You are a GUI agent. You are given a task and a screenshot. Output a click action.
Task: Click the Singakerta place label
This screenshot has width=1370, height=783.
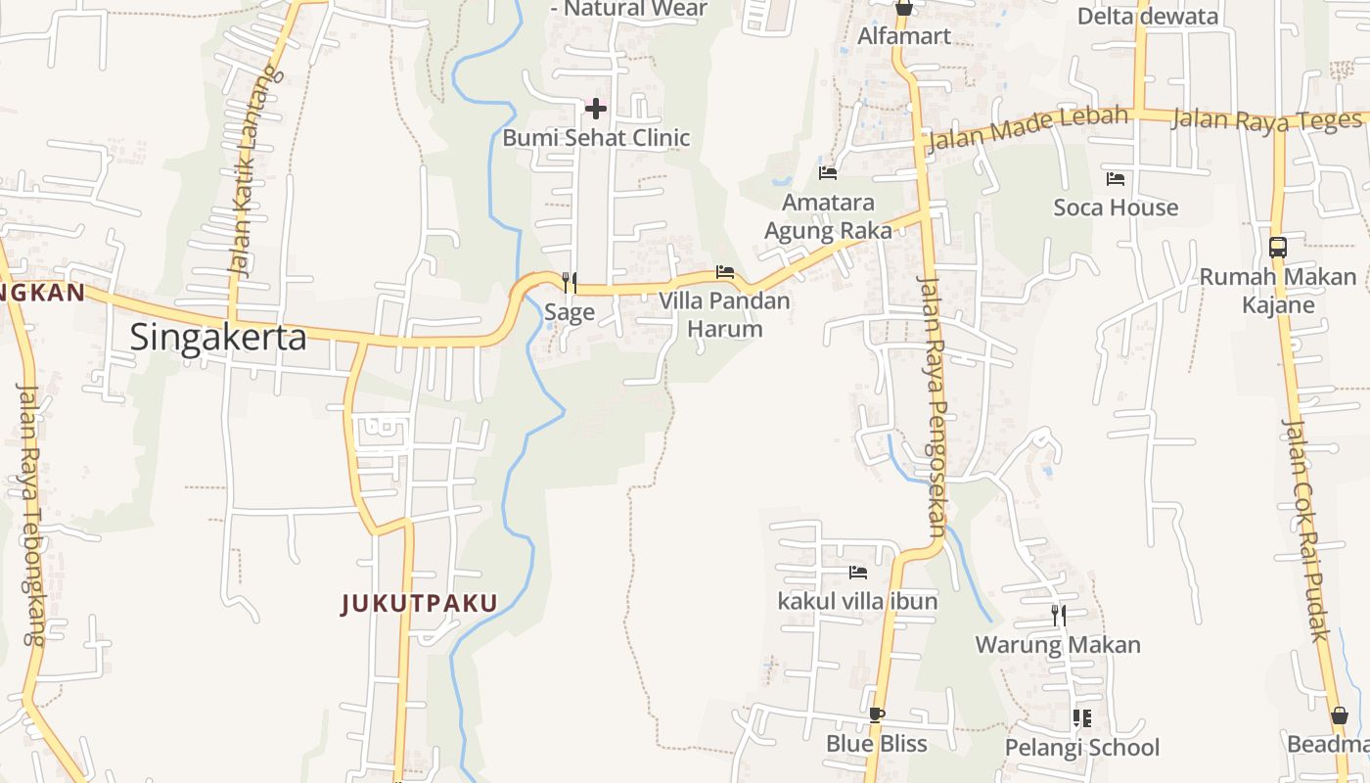point(218,338)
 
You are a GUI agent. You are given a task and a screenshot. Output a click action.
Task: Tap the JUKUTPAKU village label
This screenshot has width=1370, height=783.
point(419,604)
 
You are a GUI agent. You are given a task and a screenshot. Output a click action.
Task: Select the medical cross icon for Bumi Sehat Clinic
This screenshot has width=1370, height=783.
point(595,108)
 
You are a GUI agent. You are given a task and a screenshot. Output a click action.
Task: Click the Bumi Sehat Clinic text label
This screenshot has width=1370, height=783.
point(596,138)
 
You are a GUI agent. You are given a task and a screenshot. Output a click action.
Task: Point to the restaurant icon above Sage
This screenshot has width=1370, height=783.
point(569,283)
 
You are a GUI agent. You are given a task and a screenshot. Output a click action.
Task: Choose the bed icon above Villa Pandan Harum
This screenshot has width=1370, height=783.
point(724,272)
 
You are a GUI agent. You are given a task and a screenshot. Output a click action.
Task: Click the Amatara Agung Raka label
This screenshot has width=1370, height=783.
point(828,216)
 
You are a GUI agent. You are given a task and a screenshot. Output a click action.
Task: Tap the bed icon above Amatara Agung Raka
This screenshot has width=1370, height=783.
point(828,173)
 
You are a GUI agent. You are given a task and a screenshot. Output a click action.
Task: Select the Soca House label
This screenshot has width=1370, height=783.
point(1116,207)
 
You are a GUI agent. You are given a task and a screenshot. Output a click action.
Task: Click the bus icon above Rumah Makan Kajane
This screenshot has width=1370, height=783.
point(1277,247)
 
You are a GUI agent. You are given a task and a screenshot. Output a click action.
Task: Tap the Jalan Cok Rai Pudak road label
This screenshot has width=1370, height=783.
point(1306,530)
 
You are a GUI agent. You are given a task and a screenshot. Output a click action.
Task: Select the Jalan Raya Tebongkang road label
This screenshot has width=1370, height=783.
point(29,514)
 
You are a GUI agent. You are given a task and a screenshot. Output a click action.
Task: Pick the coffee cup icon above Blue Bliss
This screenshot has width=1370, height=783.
point(876,715)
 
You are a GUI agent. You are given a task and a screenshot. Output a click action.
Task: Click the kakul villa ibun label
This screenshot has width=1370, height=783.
point(857,601)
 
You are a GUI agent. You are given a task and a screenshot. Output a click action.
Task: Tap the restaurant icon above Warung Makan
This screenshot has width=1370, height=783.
point(1058,616)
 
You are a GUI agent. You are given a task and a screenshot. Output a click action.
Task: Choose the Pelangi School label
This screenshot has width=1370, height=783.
point(1081,748)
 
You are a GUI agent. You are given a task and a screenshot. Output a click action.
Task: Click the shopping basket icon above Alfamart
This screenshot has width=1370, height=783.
point(903,8)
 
